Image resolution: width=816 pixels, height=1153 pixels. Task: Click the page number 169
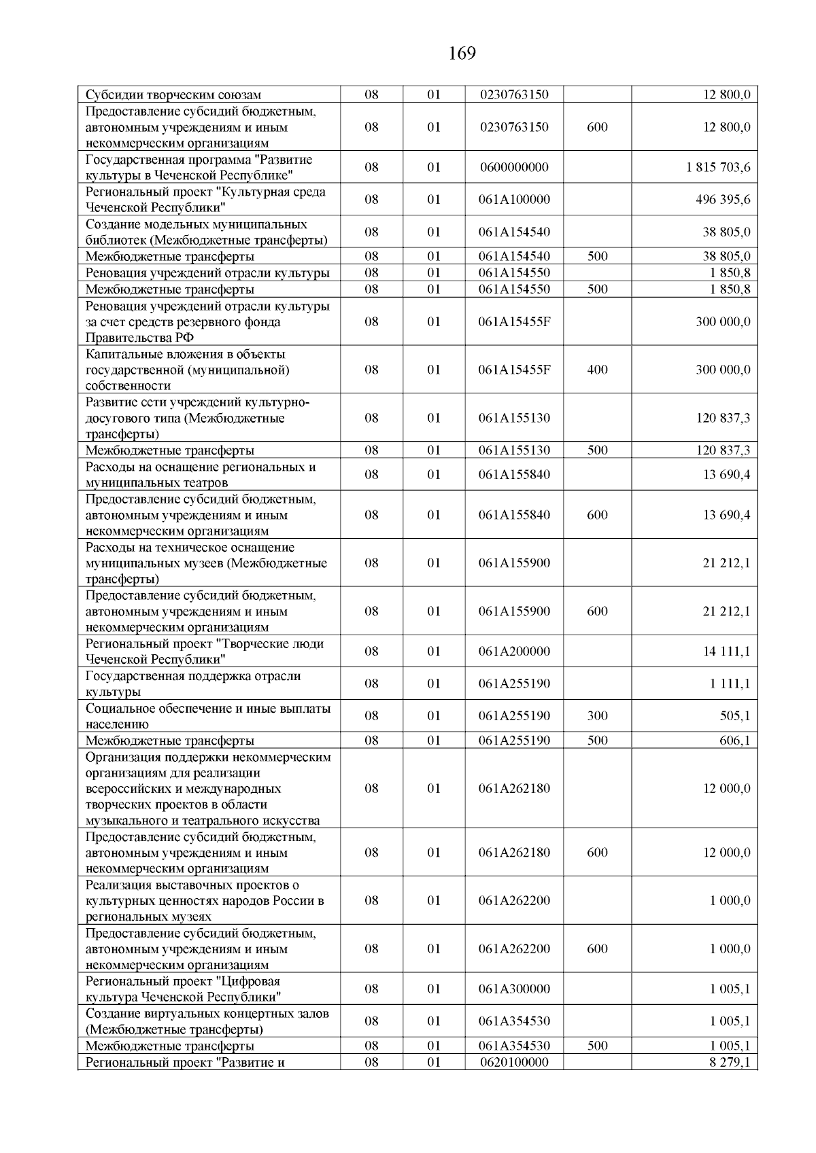[462, 54]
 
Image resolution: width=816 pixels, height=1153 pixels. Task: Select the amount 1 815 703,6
[718, 167]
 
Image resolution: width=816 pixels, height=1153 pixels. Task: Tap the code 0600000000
[514, 167]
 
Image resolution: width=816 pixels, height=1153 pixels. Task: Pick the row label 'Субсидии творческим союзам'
[173, 95]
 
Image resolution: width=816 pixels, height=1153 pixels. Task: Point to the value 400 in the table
[597, 370]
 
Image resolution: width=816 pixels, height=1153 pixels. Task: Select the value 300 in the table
[597, 715]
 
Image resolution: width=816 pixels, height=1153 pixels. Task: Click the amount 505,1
[735, 715]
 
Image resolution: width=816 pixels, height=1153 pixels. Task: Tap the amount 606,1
[735, 741]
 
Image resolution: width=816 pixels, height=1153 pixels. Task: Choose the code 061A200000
[514, 651]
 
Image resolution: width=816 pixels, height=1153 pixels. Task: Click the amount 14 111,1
[727, 651]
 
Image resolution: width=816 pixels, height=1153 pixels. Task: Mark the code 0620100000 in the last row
[514, 1062]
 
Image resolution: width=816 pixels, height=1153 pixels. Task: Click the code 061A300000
[514, 989]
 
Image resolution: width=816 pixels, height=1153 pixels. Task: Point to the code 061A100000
[514, 200]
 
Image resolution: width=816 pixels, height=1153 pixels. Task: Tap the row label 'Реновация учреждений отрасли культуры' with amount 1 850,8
[207, 273]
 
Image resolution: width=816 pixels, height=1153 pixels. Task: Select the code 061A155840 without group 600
[514, 474]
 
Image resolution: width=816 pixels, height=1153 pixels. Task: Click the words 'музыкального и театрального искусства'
[203, 821]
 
